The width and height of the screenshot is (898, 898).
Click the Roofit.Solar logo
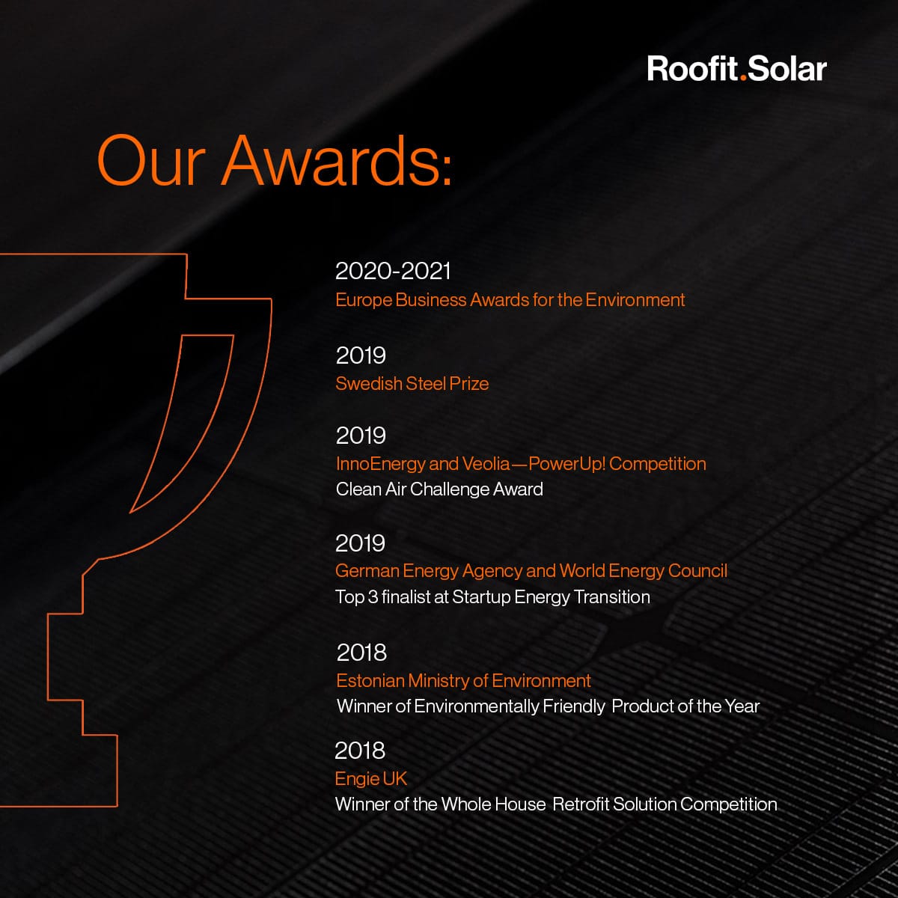[737, 69]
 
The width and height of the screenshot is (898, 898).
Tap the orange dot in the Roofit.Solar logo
[743, 79]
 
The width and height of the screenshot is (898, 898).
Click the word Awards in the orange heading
[337, 161]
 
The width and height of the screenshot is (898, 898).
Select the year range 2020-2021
[393, 271]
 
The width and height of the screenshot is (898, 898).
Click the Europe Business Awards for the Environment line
[510, 299]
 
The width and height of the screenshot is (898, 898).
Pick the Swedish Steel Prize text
[412, 384]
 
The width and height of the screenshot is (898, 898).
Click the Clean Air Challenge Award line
[439, 489]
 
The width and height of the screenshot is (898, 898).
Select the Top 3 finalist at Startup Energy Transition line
[492, 597]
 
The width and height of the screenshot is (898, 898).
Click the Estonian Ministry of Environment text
[463, 680]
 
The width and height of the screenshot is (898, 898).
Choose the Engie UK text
[371, 779]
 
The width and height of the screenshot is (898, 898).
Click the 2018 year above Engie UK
[360, 751]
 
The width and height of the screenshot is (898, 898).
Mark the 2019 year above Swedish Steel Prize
[361, 355]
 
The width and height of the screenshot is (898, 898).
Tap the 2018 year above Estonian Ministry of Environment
[361, 653]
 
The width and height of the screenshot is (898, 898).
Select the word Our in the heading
[151, 161]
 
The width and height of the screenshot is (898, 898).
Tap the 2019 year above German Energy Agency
[360, 543]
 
